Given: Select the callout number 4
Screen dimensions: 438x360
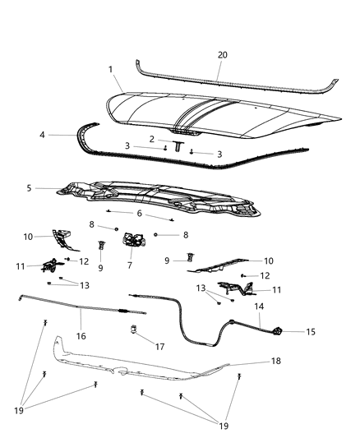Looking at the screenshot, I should (x=42, y=133).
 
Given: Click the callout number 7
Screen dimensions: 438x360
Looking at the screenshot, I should (x=130, y=265).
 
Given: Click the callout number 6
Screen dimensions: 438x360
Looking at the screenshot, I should (x=138, y=213).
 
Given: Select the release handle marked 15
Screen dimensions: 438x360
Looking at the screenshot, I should (x=278, y=332).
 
